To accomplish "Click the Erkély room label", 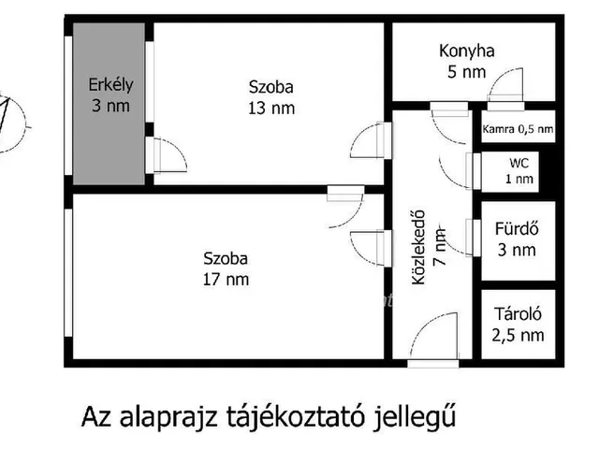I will pyautogui.click(x=111, y=84).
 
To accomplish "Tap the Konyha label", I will pyautogui.click(x=466, y=51).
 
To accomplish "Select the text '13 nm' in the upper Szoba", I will pyautogui.click(x=270, y=108).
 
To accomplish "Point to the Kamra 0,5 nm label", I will pyautogui.click(x=518, y=129).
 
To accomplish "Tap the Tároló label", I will pyautogui.click(x=517, y=316).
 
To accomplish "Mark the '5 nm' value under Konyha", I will pyautogui.click(x=466, y=71).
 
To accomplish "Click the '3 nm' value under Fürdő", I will pyautogui.click(x=518, y=249).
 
